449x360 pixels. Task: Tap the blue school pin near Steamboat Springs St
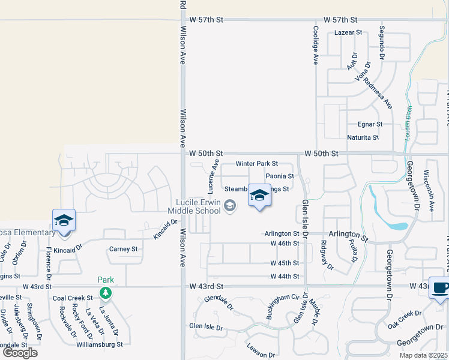click(x=259, y=196)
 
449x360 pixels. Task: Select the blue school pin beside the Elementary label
click(x=63, y=220)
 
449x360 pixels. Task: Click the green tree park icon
click(x=106, y=292)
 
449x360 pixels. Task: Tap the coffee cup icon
click(x=439, y=287)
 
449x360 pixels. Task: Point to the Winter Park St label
click(x=257, y=163)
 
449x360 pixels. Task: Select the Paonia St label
click(x=280, y=176)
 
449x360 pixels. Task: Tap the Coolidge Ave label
click(x=316, y=45)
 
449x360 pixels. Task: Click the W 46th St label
click(x=285, y=243)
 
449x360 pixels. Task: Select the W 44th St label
click(x=285, y=276)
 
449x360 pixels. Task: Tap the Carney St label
click(x=123, y=248)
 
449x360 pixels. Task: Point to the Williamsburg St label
click(x=100, y=344)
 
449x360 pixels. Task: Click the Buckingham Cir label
click(x=281, y=307)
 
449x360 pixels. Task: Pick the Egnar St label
click(x=370, y=124)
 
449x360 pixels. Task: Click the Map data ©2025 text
click(x=424, y=355)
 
